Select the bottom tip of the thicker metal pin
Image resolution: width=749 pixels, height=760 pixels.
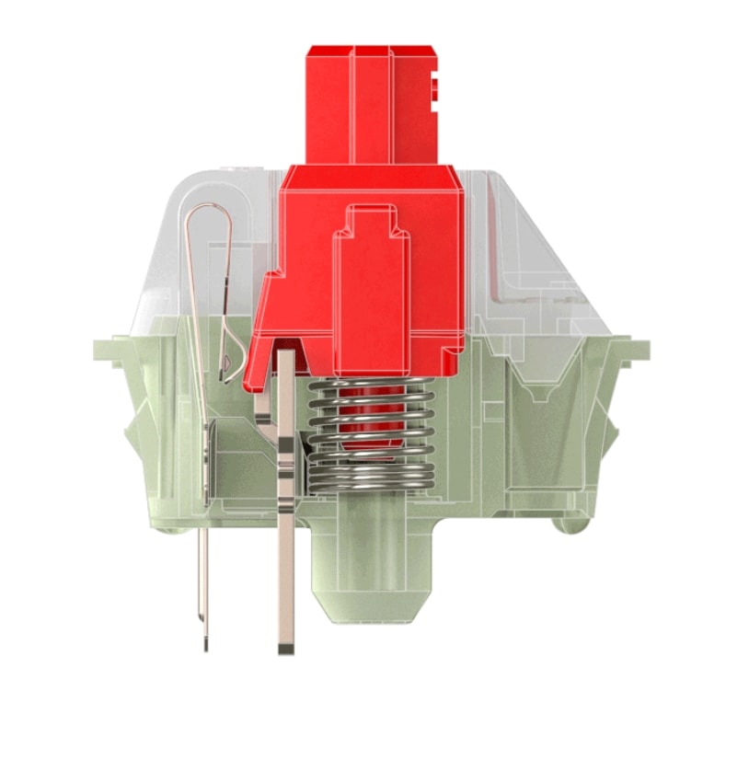285,649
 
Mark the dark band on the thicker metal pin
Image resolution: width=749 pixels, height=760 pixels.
286,451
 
